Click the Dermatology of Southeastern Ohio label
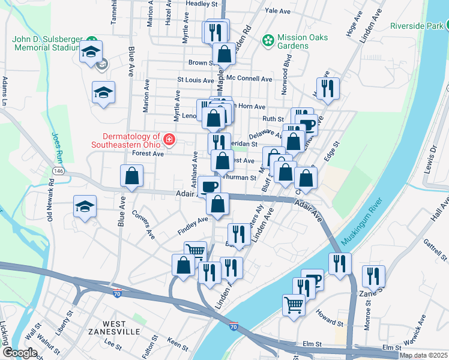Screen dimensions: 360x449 pos(126,140)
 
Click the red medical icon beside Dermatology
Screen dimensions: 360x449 pos(169,140)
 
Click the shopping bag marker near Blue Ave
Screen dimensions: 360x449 pos(131,176)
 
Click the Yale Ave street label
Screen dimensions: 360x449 pos(277,11)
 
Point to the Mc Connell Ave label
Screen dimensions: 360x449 pos(250,79)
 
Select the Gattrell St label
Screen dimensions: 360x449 pos(436,248)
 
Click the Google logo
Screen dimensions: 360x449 pos(19,353)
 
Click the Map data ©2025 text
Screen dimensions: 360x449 pos(423,355)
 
